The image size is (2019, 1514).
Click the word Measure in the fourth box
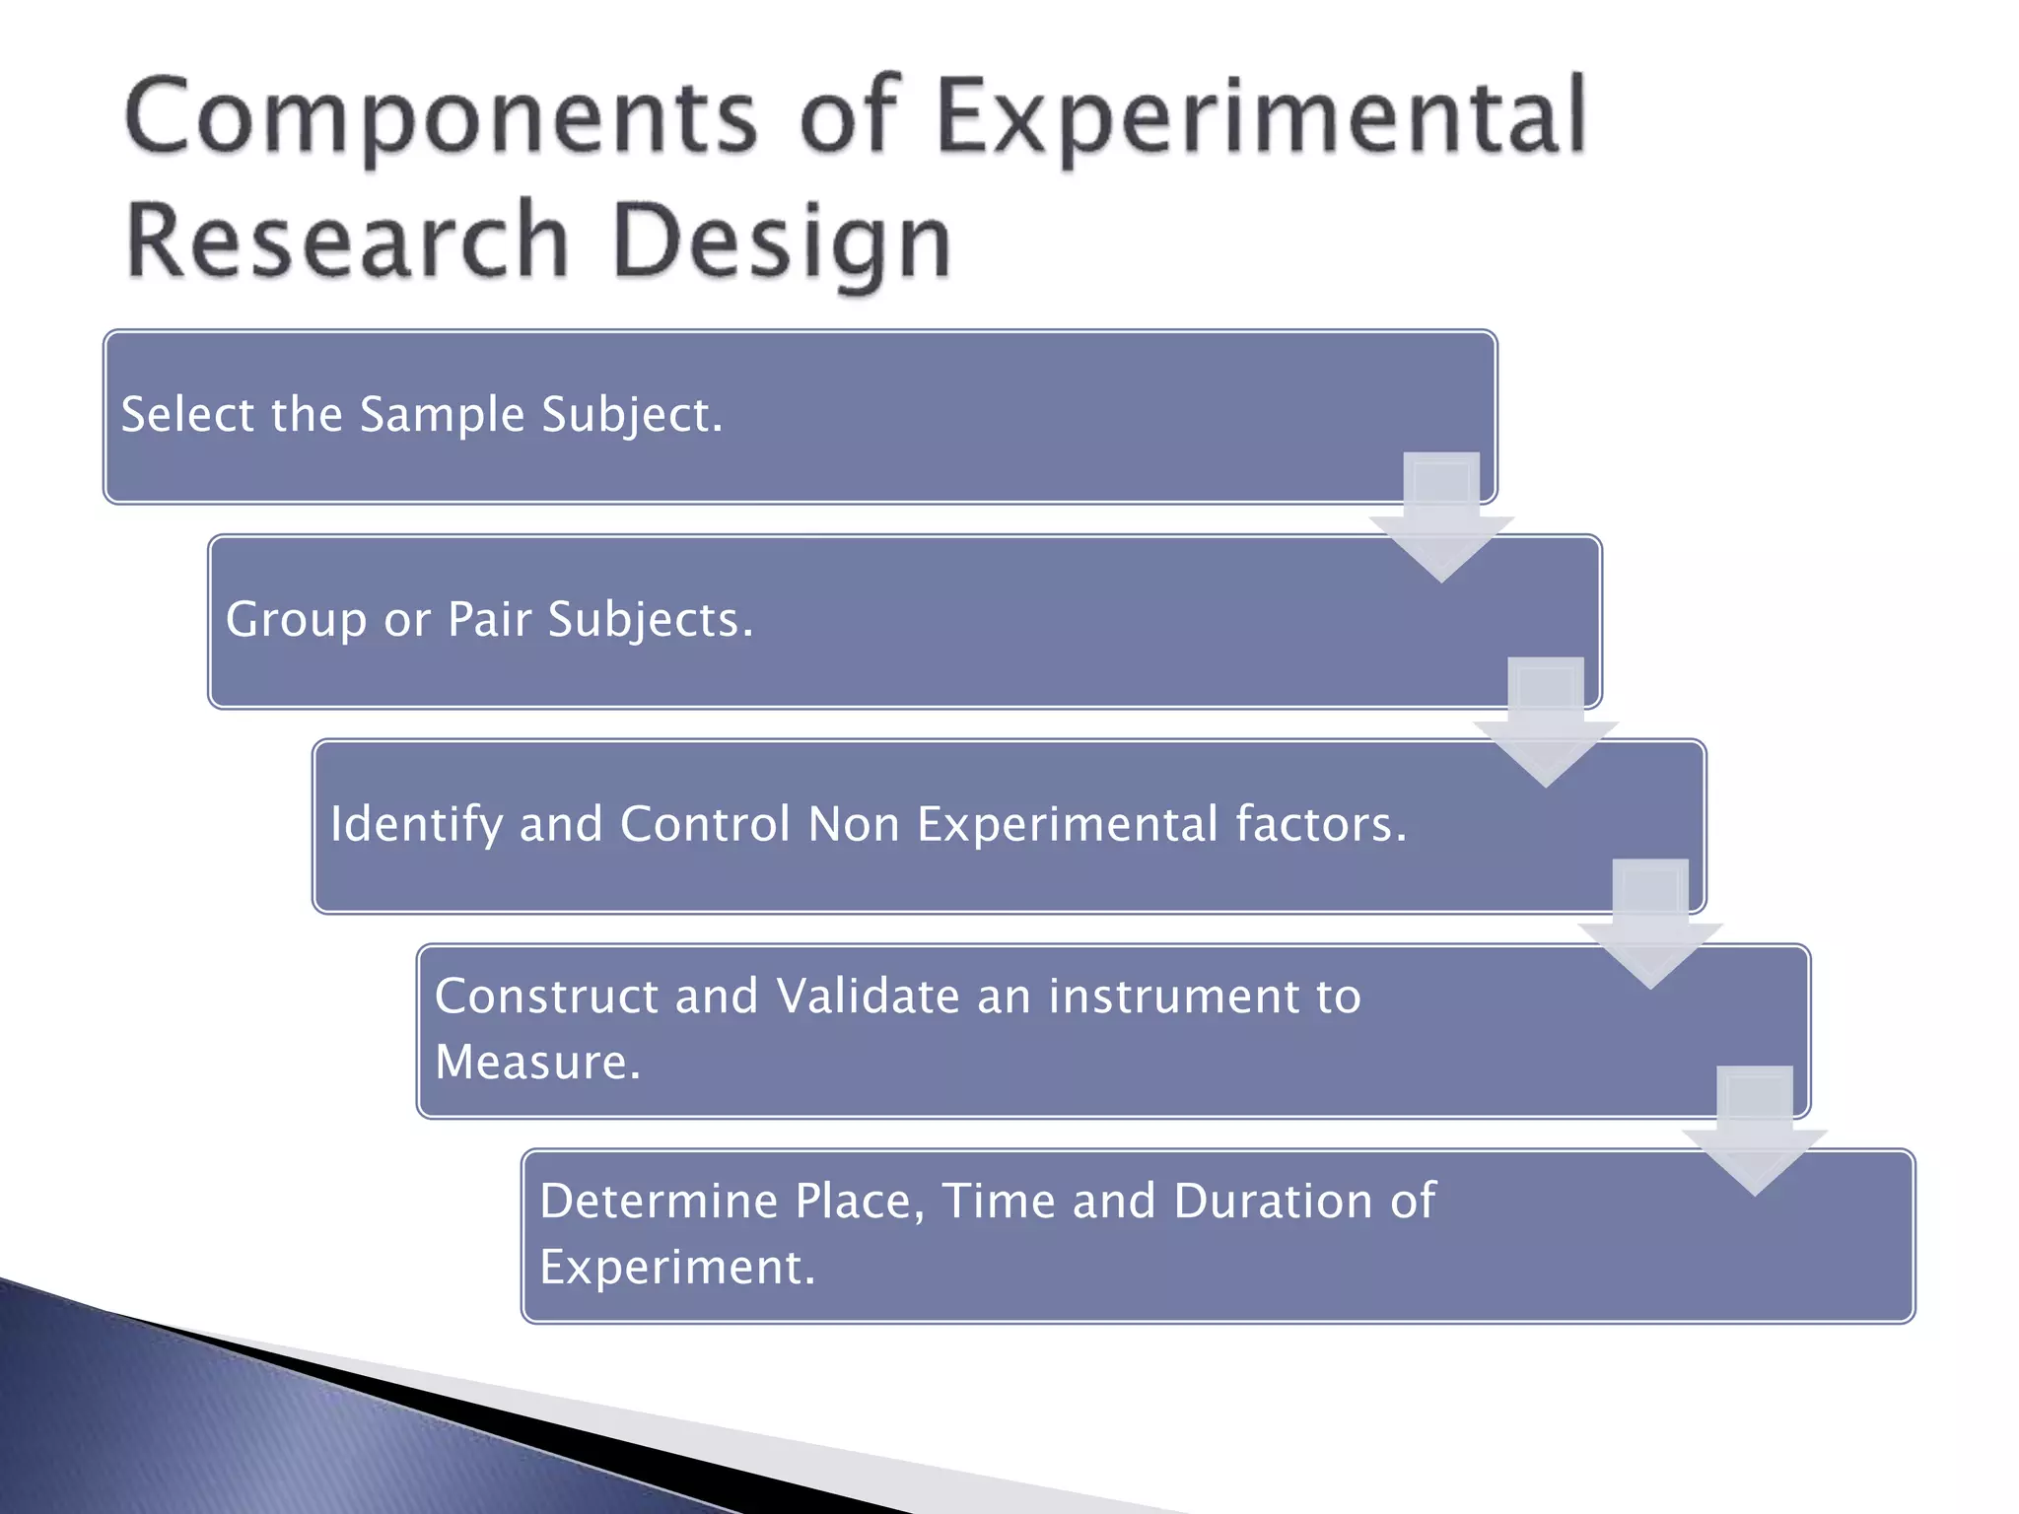[x=537, y=1063]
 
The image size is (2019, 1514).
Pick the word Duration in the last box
[x=1273, y=1202]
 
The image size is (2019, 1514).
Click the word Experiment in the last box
[x=676, y=1268]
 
